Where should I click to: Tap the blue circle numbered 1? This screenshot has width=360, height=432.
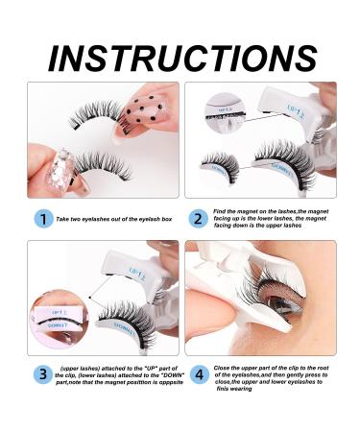(x=41, y=219)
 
